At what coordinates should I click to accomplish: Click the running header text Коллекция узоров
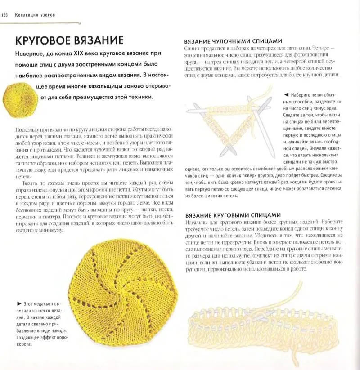(35, 15)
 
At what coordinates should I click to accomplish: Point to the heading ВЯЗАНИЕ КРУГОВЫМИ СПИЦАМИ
(233, 215)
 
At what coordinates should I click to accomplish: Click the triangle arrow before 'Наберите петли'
(286, 95)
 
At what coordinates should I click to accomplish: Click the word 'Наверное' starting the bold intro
(31, 54)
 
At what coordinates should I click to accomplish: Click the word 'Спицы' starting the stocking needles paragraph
(192, 48)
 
